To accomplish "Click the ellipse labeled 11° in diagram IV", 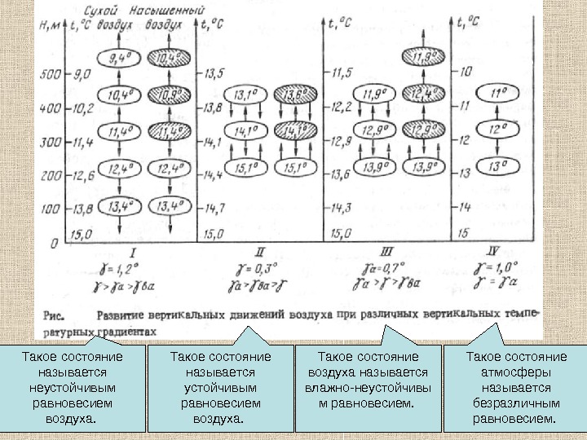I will pos(497,95).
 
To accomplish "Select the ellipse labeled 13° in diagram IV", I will pos(497,166).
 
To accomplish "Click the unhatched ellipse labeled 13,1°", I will pos(246,96).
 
